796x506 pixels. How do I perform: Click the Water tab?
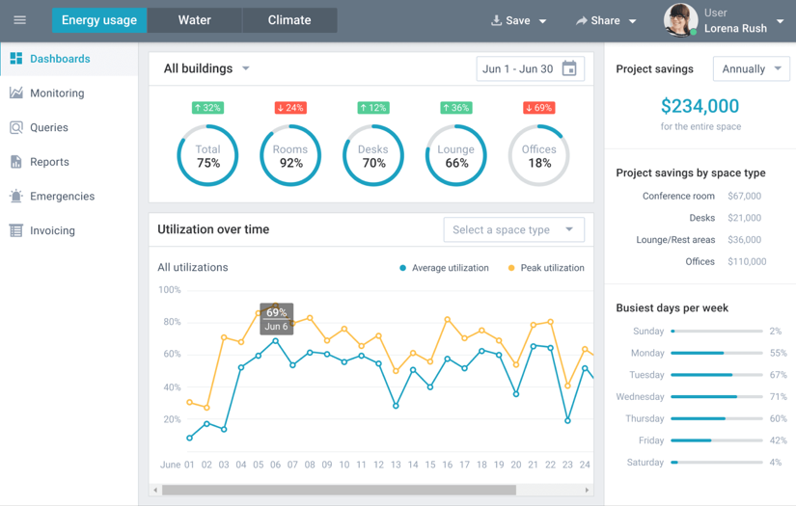(194, 20)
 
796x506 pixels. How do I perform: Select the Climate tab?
(289, 20)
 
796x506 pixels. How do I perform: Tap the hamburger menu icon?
(19, 20)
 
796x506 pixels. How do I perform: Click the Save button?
(518, 21)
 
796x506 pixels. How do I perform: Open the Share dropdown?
(606, 21)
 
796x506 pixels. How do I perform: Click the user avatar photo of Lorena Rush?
(680, 20)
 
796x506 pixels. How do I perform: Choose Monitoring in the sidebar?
(57, 93)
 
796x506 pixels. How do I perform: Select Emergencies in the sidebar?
(62, 197)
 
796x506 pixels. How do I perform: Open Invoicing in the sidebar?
(52, 231)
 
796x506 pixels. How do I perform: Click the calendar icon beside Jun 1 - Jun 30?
(569, 69)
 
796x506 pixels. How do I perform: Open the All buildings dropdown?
(206, 69)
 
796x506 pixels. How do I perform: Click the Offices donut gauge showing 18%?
(538, 155)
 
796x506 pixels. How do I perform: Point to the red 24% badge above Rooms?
(289, 108)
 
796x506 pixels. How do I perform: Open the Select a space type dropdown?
(513, 230)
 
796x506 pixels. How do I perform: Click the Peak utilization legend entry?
(546, 268)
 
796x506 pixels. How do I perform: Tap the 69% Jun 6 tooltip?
(277, 319)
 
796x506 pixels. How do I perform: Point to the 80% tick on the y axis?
(170, 322)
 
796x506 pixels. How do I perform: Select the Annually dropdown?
(751, 69)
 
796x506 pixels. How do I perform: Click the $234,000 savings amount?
(700, 106)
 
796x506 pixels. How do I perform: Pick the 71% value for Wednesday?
(778, 397)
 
